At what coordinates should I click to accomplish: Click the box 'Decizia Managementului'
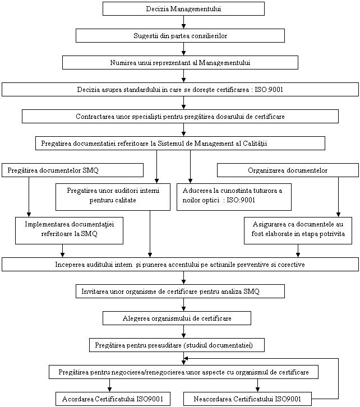click(x=183, y=9)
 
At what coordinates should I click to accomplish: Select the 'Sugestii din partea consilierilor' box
click(x=180, y=35)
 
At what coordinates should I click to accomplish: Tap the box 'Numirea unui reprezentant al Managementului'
click(x=180, y=63)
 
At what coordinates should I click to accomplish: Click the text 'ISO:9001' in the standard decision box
click(x=269, y=90)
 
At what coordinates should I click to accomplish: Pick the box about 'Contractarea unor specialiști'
click(x=180, y=116)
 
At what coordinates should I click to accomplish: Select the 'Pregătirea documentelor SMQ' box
click(x=73, y=170)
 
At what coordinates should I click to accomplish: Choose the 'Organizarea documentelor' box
click(x=288, y=170)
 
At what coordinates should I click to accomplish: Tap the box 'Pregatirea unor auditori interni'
click(x=113, y=197)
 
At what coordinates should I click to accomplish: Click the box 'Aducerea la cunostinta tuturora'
click(x=234, y=197)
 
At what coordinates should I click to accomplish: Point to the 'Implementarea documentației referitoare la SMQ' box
click(x=69, y=231)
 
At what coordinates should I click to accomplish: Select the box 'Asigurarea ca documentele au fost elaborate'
click(x=298, y=231)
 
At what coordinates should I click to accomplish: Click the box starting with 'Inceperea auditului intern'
click(x=180, y=265)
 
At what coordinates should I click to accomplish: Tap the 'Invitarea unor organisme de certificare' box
click(x=180, y=291)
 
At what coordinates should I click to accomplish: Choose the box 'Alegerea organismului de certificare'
click(x=177, y=318)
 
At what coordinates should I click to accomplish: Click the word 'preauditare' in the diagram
click(x=164, y=345)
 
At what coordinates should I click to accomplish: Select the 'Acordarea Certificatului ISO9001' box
click(x=113, y=399)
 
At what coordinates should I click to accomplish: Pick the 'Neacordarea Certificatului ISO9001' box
click(x=247, y=399)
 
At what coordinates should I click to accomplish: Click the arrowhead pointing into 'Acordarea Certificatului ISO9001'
click(x=109, y=390)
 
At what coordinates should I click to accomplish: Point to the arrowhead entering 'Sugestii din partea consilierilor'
click(x=183, y=26)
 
